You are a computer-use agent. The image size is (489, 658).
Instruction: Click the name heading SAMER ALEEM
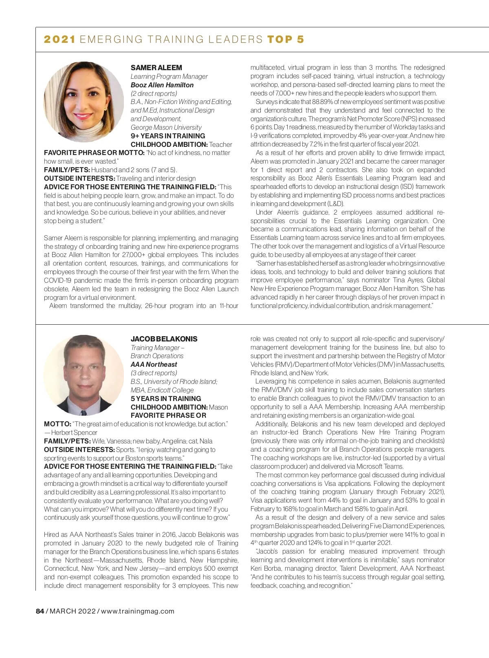coord(156,68)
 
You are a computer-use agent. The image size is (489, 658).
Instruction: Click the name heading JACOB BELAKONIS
coord(164,339)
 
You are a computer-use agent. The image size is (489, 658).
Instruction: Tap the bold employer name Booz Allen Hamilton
coord(162,85)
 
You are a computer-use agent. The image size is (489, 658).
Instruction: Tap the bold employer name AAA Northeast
coord(154,364)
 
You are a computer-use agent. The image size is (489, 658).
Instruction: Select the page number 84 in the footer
coord(40,611)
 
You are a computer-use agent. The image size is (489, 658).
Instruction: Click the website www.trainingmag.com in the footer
coord(137,611)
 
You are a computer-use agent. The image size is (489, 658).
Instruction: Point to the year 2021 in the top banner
coord(59,40)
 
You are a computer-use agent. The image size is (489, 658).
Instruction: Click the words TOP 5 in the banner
coord(286,40)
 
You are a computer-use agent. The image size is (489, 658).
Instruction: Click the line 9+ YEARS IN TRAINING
coord(167,136)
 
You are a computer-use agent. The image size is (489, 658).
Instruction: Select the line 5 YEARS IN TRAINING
coord(165,399)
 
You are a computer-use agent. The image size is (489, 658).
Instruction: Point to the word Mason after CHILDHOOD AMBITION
coord(218,407)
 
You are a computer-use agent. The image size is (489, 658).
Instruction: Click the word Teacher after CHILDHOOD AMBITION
coord(220,144)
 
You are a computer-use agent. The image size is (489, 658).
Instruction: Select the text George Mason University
coord(166,127)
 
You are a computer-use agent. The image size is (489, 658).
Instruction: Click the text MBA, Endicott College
coord(162,390)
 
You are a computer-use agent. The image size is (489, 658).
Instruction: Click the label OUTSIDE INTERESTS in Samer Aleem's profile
coord(79,178)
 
